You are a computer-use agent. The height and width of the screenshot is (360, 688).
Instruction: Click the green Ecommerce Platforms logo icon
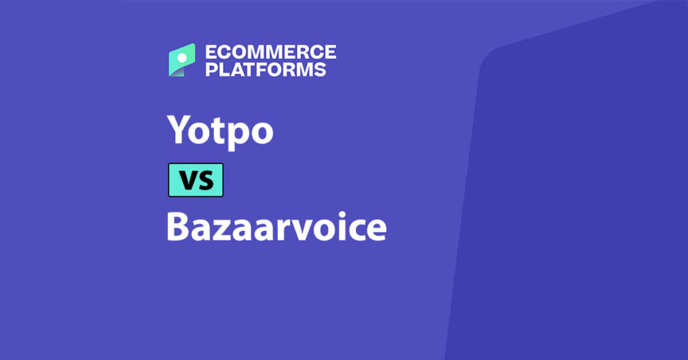click(x=181, y=60)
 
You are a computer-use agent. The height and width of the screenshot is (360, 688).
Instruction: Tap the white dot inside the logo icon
click(x=181, y=58)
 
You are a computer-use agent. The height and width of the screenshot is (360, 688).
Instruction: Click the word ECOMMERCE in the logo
click(x=270, y=52)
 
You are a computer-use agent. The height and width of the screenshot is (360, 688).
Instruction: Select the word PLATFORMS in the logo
click(x=265, y=69)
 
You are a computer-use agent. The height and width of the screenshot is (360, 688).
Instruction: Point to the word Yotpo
click(x=220, y=130)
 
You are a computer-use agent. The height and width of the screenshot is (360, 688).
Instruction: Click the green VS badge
click(x=196, y=180)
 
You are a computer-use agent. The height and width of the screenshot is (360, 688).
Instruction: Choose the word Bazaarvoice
click(x=276, y=227)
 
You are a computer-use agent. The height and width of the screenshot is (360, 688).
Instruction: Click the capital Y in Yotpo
click(x=177, y=129)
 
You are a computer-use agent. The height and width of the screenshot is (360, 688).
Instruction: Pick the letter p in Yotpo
click(x=235, y=135)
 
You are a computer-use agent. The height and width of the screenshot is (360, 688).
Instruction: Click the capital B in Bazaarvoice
click(x=177, y=227)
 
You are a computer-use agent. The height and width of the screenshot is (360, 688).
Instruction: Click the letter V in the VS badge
click(x=187, y=181)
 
